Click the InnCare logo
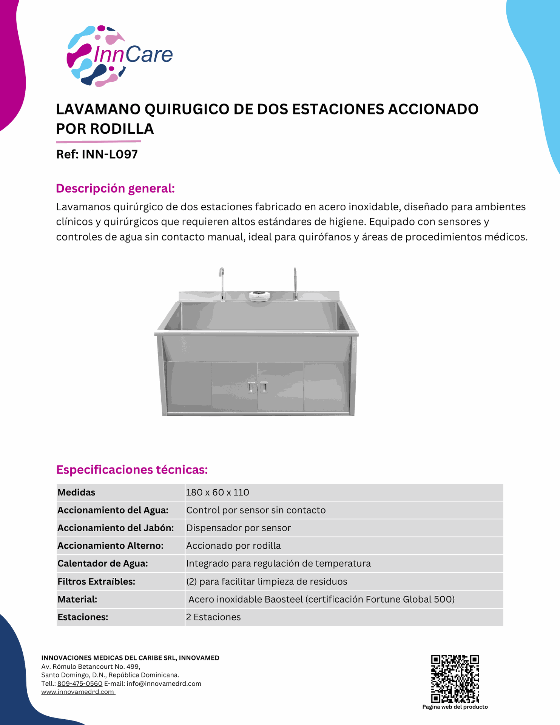pos(119,55)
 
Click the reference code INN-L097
pos(110,154)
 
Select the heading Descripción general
pos(115,188)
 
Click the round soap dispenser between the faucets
pos(259,295)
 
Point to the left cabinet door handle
pos(251,387)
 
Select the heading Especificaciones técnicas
pos(132,470)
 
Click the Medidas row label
pos(76,492)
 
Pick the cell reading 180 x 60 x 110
pos(218,492)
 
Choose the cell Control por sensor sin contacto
pos(256,510)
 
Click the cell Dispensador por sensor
pos(238,528)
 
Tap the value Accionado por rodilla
pos(233,546)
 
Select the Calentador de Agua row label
pos(103,563)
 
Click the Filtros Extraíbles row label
pos(96,582)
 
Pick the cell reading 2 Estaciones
pos(213,617)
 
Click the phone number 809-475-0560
pos(80,683)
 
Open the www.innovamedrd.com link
pos(78,692)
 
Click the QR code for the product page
pos(455,679)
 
